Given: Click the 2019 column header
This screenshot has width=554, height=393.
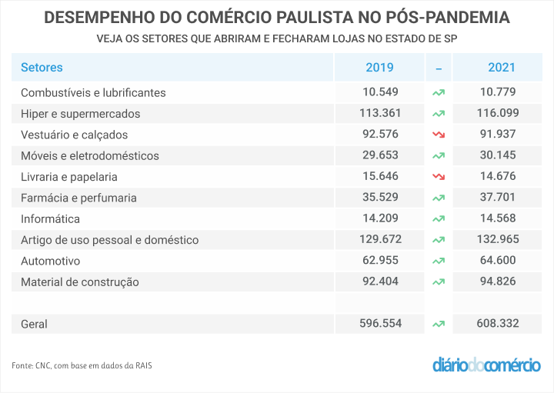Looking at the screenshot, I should pyautogui.click(x=379, y=68).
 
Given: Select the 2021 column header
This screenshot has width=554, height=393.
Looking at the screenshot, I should pyautogui.click(x=501, y=68).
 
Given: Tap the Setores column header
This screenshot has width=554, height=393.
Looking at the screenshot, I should pyautogui.click(x=42, y=68).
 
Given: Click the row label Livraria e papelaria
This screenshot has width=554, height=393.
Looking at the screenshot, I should pyautogui.click(x=68, y=177).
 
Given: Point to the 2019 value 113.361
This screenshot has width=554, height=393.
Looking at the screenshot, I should pyautogui.click(x=379, y=113).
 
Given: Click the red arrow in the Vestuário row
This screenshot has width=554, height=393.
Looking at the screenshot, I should pyautogui.click(x=439, y=135).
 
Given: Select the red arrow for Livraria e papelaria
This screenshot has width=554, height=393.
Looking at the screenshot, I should pyautogui.click(x=439, y=177).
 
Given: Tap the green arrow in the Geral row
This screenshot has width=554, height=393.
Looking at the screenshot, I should pyautogui.click(x=439, y=324).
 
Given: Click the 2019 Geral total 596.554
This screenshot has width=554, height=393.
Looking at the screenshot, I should pyautogui.click(x=379, y=324).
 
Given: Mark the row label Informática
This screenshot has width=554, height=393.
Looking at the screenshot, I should pyautogui.click(x=51, y=218).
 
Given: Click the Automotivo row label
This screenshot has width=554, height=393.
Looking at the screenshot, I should pyautogui.click(x=50, y=261).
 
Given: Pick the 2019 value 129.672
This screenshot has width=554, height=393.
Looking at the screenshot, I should pyautogui.click(x=379, y=239).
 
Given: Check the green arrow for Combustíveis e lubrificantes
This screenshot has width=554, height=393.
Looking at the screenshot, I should pyautogui.click(x=439, y=92).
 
